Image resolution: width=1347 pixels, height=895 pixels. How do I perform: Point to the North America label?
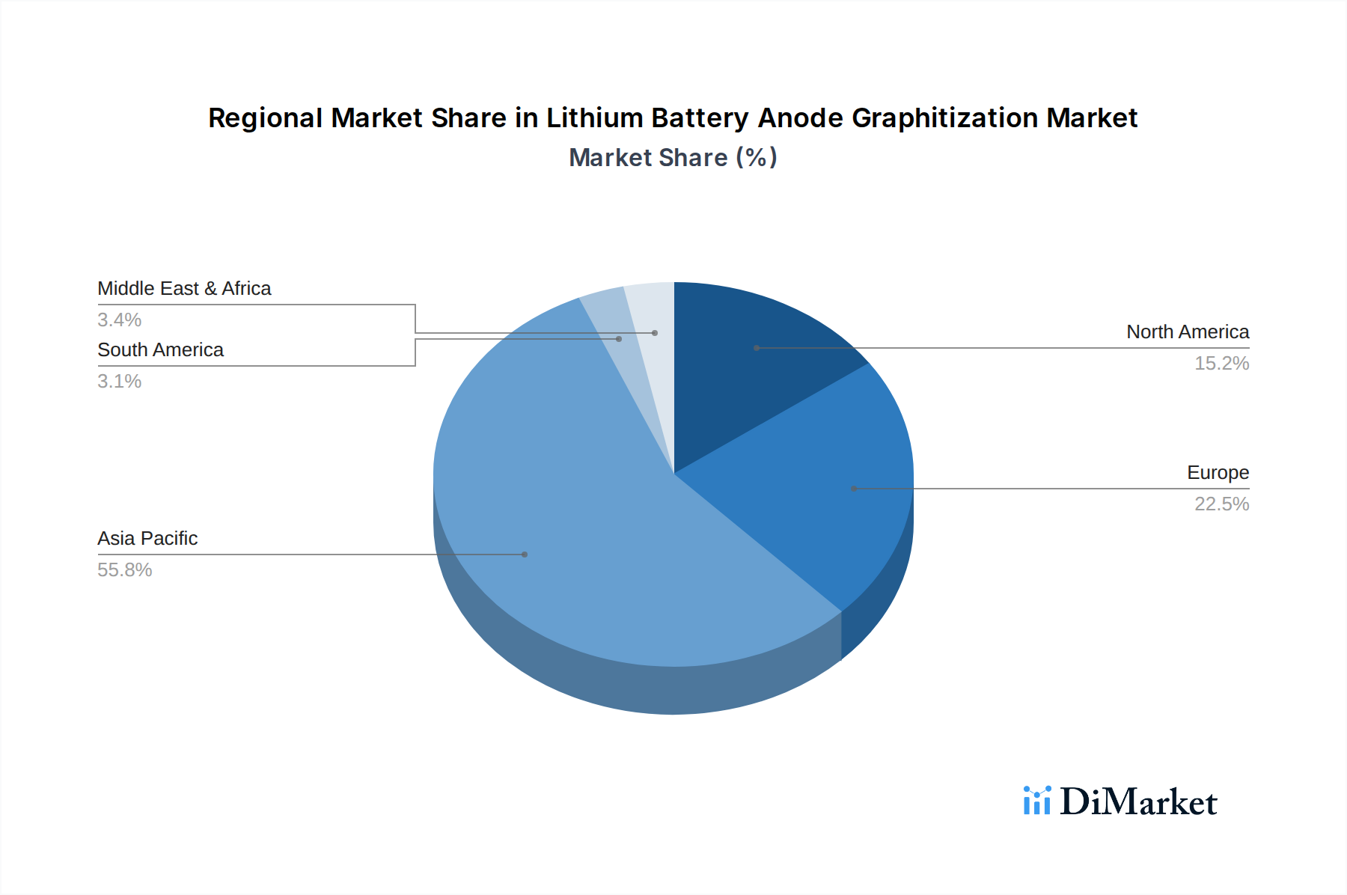(x=1188, y=332)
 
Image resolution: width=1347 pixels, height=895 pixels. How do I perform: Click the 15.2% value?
(x=1221, y=363)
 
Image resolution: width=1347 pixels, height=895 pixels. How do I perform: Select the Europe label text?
(x=1218, y=472)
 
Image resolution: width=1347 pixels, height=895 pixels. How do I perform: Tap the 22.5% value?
(x=1221, y=504)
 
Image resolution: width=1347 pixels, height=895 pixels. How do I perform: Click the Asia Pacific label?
(x=147, y=538)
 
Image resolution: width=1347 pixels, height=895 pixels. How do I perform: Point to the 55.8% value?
(x=124, y=569)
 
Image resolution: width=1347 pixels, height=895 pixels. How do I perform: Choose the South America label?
(x=160, y=349)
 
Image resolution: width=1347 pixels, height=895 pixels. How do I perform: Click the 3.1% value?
(x=119, y=381)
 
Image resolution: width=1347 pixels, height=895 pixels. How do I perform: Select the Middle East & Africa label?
(x=184, y=288)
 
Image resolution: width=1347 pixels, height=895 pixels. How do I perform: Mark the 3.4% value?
(x=119, y=320)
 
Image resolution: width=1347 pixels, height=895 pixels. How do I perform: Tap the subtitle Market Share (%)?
(x=673, y=157)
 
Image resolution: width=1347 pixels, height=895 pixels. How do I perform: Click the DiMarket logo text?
(x=1138, y=802)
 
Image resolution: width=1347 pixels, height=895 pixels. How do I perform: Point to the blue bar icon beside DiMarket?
(x=1036, y=801)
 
